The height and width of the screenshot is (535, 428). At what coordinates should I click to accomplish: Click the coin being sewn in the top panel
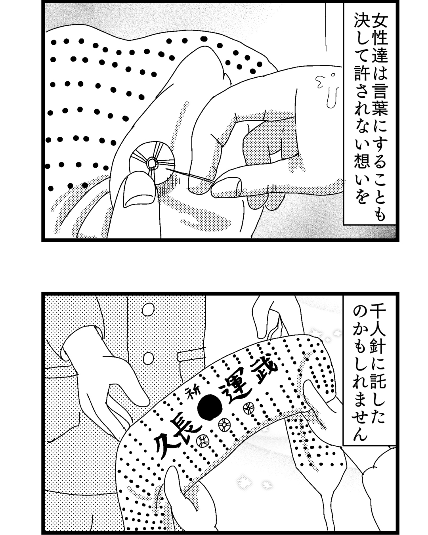pyautogui.click(x=152, y=163)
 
